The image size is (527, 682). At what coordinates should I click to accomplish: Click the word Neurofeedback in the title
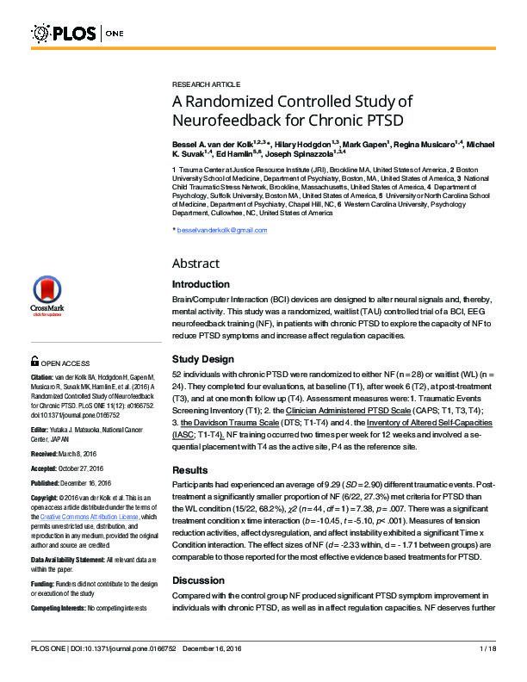(x=224, y=120)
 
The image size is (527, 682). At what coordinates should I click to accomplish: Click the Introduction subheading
(x=201, y=284)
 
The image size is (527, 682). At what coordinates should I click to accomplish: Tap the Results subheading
(x=192, y=470)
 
